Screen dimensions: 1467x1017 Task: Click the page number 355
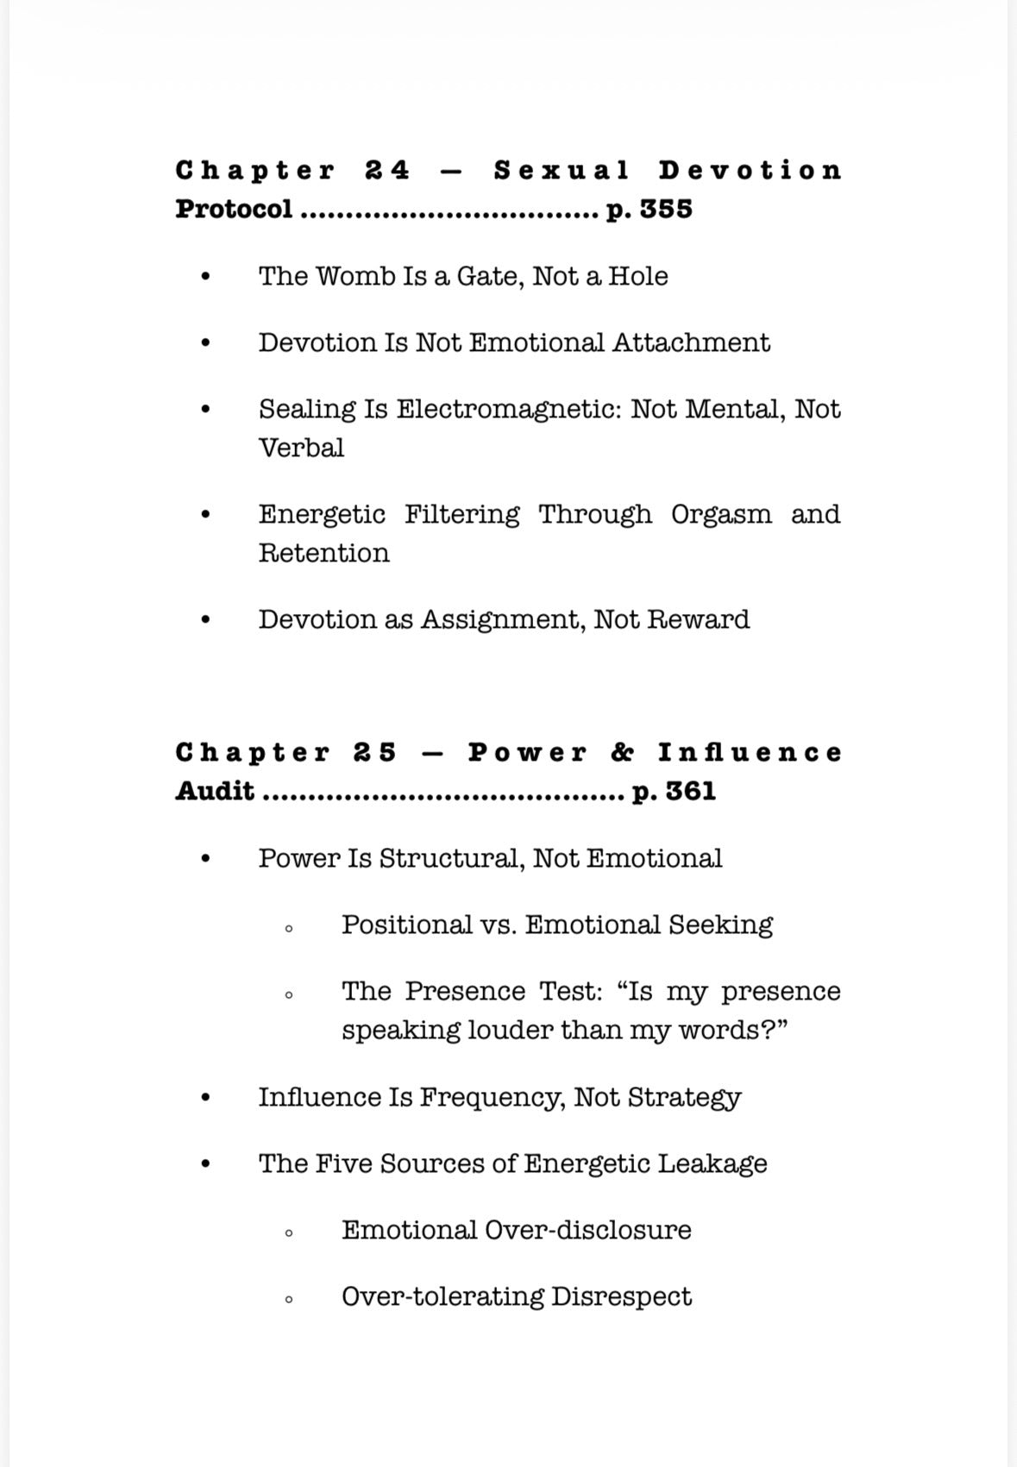click(x=665, y=210)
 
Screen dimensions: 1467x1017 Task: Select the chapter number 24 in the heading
click(x=387, y=170)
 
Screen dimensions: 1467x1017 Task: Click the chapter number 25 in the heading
click(x=375, y=753)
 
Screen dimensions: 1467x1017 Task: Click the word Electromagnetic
click(x=508, y=410)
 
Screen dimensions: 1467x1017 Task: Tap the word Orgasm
click(x=721, y=514)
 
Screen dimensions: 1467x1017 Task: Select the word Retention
click(x=324, y=553)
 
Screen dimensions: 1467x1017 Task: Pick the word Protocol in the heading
click(x=234, y=210)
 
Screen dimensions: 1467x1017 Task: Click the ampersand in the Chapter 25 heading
click(x=622, y=753)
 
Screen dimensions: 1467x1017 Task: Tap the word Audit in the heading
click(x=215, y=792)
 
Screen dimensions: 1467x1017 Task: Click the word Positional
click(x=406, y=925)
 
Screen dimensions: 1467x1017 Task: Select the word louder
click(x=510, y=1031)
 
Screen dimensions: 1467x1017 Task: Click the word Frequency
click(x=493, y=1098)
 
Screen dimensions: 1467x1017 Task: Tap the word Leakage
click(x=713, y=1164)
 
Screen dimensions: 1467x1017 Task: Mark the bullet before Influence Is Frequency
click(x=205, y=1099)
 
